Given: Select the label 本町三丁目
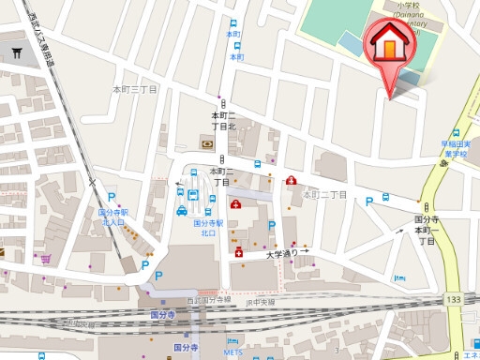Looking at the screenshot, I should tap(136, 89).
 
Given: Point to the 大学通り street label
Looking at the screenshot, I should tap(282, 253).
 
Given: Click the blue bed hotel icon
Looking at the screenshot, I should tap(399, 278).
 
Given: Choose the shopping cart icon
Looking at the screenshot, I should tap(43, 255).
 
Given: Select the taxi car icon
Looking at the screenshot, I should tap(181, 211).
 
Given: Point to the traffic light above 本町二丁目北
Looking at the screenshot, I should tap(222, 104).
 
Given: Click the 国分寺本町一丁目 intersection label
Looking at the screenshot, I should tap(427, 230).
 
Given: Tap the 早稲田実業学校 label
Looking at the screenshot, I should tap(458, 150).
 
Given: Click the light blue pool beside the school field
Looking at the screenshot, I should tap(351, 43).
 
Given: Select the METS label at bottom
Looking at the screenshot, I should tap(233, 353).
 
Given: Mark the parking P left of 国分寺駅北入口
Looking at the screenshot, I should tap(112, 198).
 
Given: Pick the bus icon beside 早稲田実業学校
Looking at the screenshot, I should tap(456, 134).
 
